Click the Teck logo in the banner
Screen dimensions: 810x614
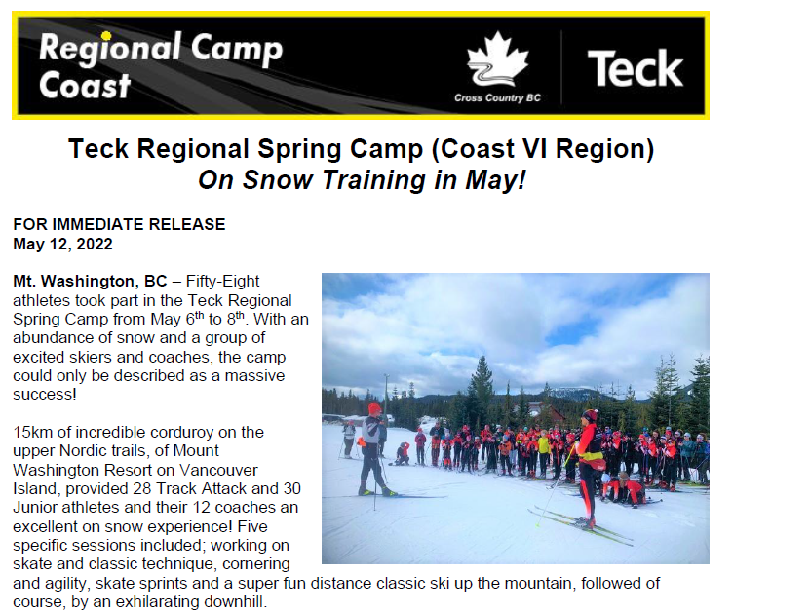click(x=635, y=68)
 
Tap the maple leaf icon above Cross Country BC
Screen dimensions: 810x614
click(x=497, y=59)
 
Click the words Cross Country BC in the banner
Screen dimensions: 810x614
click(x=497, y=97)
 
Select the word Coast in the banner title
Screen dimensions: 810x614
click(x=85, y=85)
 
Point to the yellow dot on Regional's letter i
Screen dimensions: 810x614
click(x=106, y=36)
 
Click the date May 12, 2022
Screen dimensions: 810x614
click(x=62, y=244)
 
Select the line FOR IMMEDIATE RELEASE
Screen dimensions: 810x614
click(x=119, y=224)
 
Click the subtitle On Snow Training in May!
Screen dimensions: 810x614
click(x=362, y=180)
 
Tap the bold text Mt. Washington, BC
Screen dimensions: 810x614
click(x=90, y=282)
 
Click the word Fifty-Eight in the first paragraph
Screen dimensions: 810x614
click(x=222, y=282)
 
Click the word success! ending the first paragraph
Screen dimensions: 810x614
click(x=45, y=395)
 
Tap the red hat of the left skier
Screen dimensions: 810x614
click(x=374, y=408)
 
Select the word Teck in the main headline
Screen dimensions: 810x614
click(x=98, y=149)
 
